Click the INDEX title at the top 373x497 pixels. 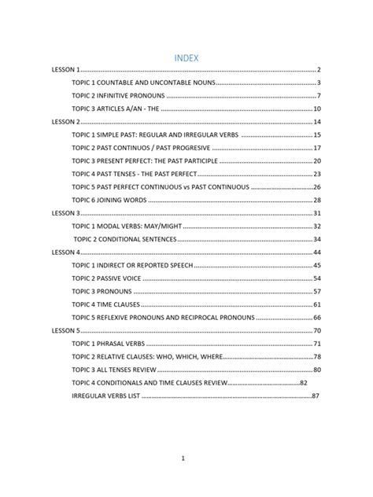[186, 57]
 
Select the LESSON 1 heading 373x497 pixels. [66, 70]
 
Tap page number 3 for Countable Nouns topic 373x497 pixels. [318, 83]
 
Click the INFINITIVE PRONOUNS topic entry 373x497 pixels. [118, 96]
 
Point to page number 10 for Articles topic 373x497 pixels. [316, 109]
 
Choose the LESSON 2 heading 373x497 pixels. [66, 122]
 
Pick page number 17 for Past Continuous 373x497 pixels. [316, 148]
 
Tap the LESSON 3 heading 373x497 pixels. [66, 213]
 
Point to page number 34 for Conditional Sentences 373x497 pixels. [316, 239]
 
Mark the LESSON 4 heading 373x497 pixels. [66, 252]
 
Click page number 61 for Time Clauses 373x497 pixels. [316, 304]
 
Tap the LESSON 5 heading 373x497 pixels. [66, 330]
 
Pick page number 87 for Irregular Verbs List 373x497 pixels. [315, 396]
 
